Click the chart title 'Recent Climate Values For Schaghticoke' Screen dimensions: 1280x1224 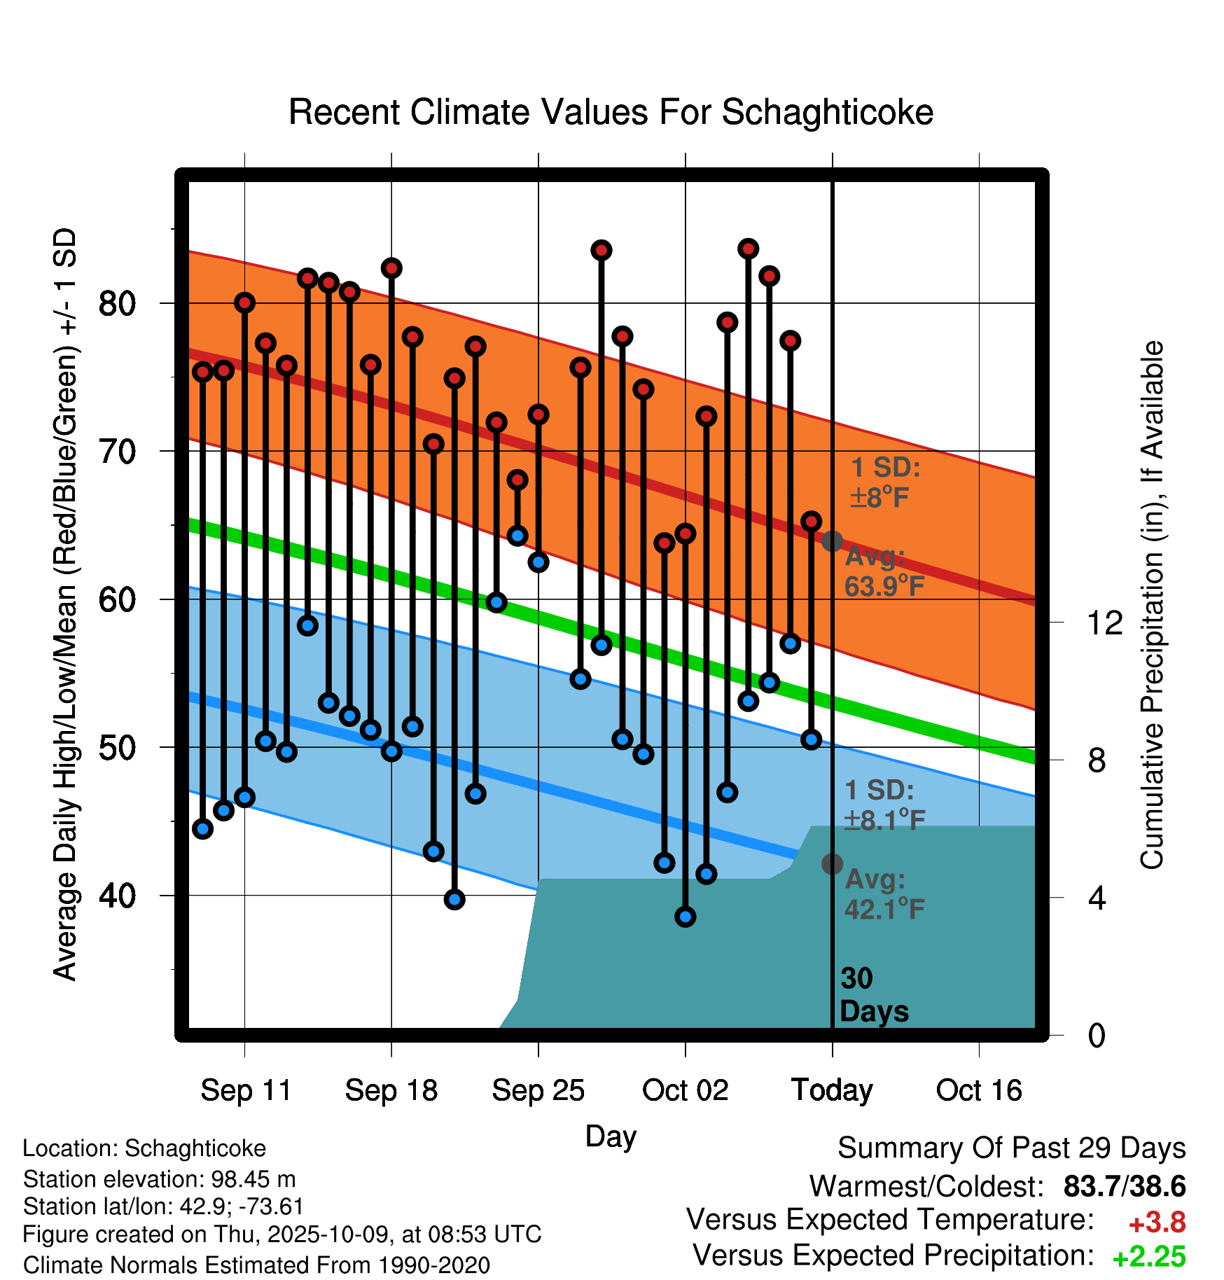click(x=611, y=112)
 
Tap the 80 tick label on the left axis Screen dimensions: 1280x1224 click(x=117, y=304)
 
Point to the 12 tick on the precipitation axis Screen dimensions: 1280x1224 click(x=1105, y=622)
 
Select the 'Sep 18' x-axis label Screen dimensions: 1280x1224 click(x=391, y=1090)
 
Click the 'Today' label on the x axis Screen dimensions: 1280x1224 click(x=832, y=1090)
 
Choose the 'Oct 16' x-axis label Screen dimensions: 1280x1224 click(x=979, y=1090)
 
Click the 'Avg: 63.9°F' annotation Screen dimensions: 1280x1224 click(x=884, y=571)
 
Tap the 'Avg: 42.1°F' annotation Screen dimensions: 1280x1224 click(x=884, y=894)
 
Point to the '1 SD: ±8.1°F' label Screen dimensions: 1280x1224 click(x=884, y=805)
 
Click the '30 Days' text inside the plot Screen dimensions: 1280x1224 click(x=873, y=995)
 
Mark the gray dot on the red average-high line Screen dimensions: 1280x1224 click(x=832, y=541)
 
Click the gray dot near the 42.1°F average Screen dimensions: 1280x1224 click(x=832, y=864)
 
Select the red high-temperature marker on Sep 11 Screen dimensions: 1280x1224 click(x=244, y=302)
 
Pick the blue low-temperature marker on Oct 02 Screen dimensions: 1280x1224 click(x=686, y=917)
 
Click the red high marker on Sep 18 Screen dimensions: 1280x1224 click(x=391, y=268)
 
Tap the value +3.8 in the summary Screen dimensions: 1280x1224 click(x=1157, y=1223)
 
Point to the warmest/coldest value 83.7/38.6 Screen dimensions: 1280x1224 click(x=1124, y=1186)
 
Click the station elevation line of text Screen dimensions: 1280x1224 click(x=159, y=1179)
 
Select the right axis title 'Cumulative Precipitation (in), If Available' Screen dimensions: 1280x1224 click(x=1152, y=605)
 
